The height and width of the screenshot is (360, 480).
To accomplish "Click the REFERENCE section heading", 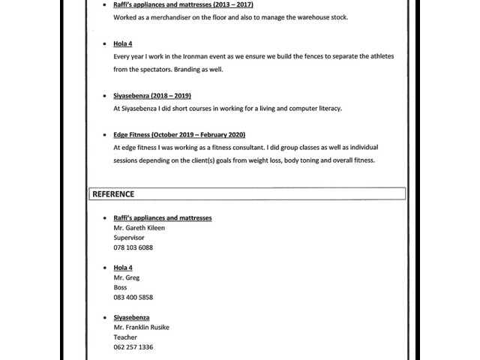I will point(113,194).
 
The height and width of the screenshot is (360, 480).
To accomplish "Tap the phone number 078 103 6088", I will point(133,247).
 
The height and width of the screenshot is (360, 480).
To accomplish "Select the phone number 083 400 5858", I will point(133,297).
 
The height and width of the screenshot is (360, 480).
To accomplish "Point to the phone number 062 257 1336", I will point(133,347).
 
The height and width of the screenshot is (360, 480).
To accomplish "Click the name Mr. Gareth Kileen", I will point(139,228).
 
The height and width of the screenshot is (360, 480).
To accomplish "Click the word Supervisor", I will point(129,238).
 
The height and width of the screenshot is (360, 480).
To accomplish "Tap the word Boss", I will point(121,287).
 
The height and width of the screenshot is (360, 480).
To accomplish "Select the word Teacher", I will point(125,337).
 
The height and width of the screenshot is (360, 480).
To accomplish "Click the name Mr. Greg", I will point(127,277).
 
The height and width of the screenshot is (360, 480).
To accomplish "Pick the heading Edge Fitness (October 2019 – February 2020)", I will point(179,135).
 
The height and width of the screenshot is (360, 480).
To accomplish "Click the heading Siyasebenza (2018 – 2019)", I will point(152,96).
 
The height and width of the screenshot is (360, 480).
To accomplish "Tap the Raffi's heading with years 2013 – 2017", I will point(183,4).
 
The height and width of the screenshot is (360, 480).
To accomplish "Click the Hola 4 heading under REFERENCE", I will point(123,268).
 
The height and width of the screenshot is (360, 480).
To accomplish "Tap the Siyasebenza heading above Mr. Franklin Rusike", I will point(132,317).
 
